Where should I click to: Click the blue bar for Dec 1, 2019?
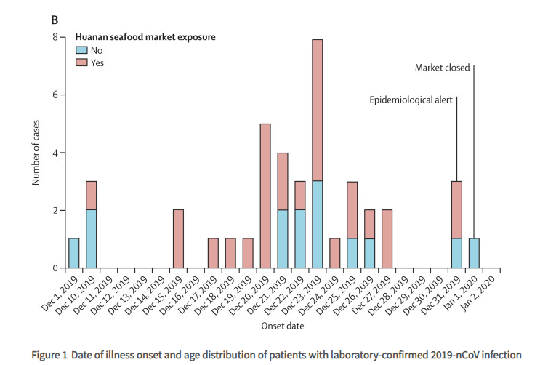tap(73, 253)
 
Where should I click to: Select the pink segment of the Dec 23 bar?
tap(318, 110)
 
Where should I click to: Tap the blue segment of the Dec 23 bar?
tap(318, 225)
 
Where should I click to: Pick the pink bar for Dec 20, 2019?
tap(265, 196)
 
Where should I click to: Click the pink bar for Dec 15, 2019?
tap(178, 238)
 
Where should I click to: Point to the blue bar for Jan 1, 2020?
tap(474, 253)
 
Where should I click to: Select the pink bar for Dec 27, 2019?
tap(387, 238)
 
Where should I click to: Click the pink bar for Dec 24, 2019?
tap(335, 253)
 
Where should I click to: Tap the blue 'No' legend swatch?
tap(81, 50)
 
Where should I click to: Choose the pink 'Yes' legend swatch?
tap(81, 63)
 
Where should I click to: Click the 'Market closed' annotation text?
tap(442, 68)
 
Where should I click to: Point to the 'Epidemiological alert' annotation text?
tap(411, 100)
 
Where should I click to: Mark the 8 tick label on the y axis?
tap(55, 37)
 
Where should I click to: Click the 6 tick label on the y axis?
tap(55, 95)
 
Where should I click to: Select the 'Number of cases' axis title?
tap(36, 153)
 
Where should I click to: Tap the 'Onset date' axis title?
tap(283, 326)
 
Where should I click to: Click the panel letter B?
tap(55, 20)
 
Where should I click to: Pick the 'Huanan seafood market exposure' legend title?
tap(145, 37)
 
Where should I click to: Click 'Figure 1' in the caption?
tap(49, 355)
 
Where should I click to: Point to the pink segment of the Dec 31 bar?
tap(456, 210)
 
